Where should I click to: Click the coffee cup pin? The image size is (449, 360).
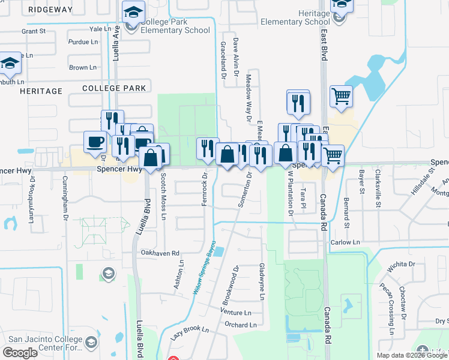(95, 143)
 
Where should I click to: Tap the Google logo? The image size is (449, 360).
(20, 353)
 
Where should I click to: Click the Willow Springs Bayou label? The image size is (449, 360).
(204, 272)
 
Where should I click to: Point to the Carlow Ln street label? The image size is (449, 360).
(345, 242)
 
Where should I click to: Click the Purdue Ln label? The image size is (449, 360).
(83, 42)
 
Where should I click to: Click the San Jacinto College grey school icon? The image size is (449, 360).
(91, 343)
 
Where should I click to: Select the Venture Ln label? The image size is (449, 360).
(236, 313)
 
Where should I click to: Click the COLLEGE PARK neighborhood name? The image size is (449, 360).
(114, 88)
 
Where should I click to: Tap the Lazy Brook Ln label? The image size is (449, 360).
(189, 332)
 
